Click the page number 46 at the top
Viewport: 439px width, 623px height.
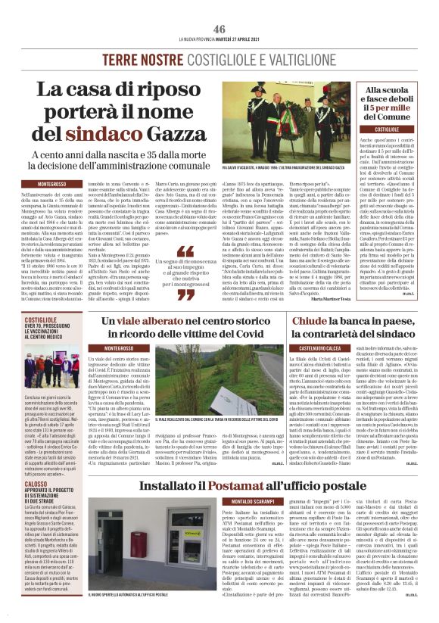point(219,29)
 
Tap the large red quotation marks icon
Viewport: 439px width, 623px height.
point(185,253)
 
